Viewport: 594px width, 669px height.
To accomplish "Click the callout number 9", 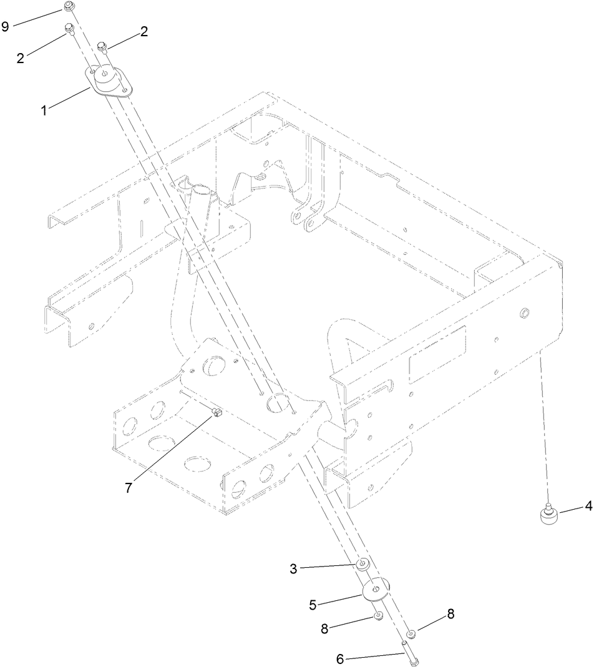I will (x=6, y=26).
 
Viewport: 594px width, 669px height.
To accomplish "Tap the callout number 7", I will (x=129, y=487).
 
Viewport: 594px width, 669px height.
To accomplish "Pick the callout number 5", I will (x=314, y=604).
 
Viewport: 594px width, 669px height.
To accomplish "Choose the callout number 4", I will (x=588, y=507).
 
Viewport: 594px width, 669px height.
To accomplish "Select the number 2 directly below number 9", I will (x=21, y=57).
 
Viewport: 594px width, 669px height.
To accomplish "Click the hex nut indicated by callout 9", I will (x=69, y=7).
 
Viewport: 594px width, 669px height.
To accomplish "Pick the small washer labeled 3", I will (x=362, y=565).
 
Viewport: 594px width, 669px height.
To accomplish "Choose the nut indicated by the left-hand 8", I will (x=378, y=617).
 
